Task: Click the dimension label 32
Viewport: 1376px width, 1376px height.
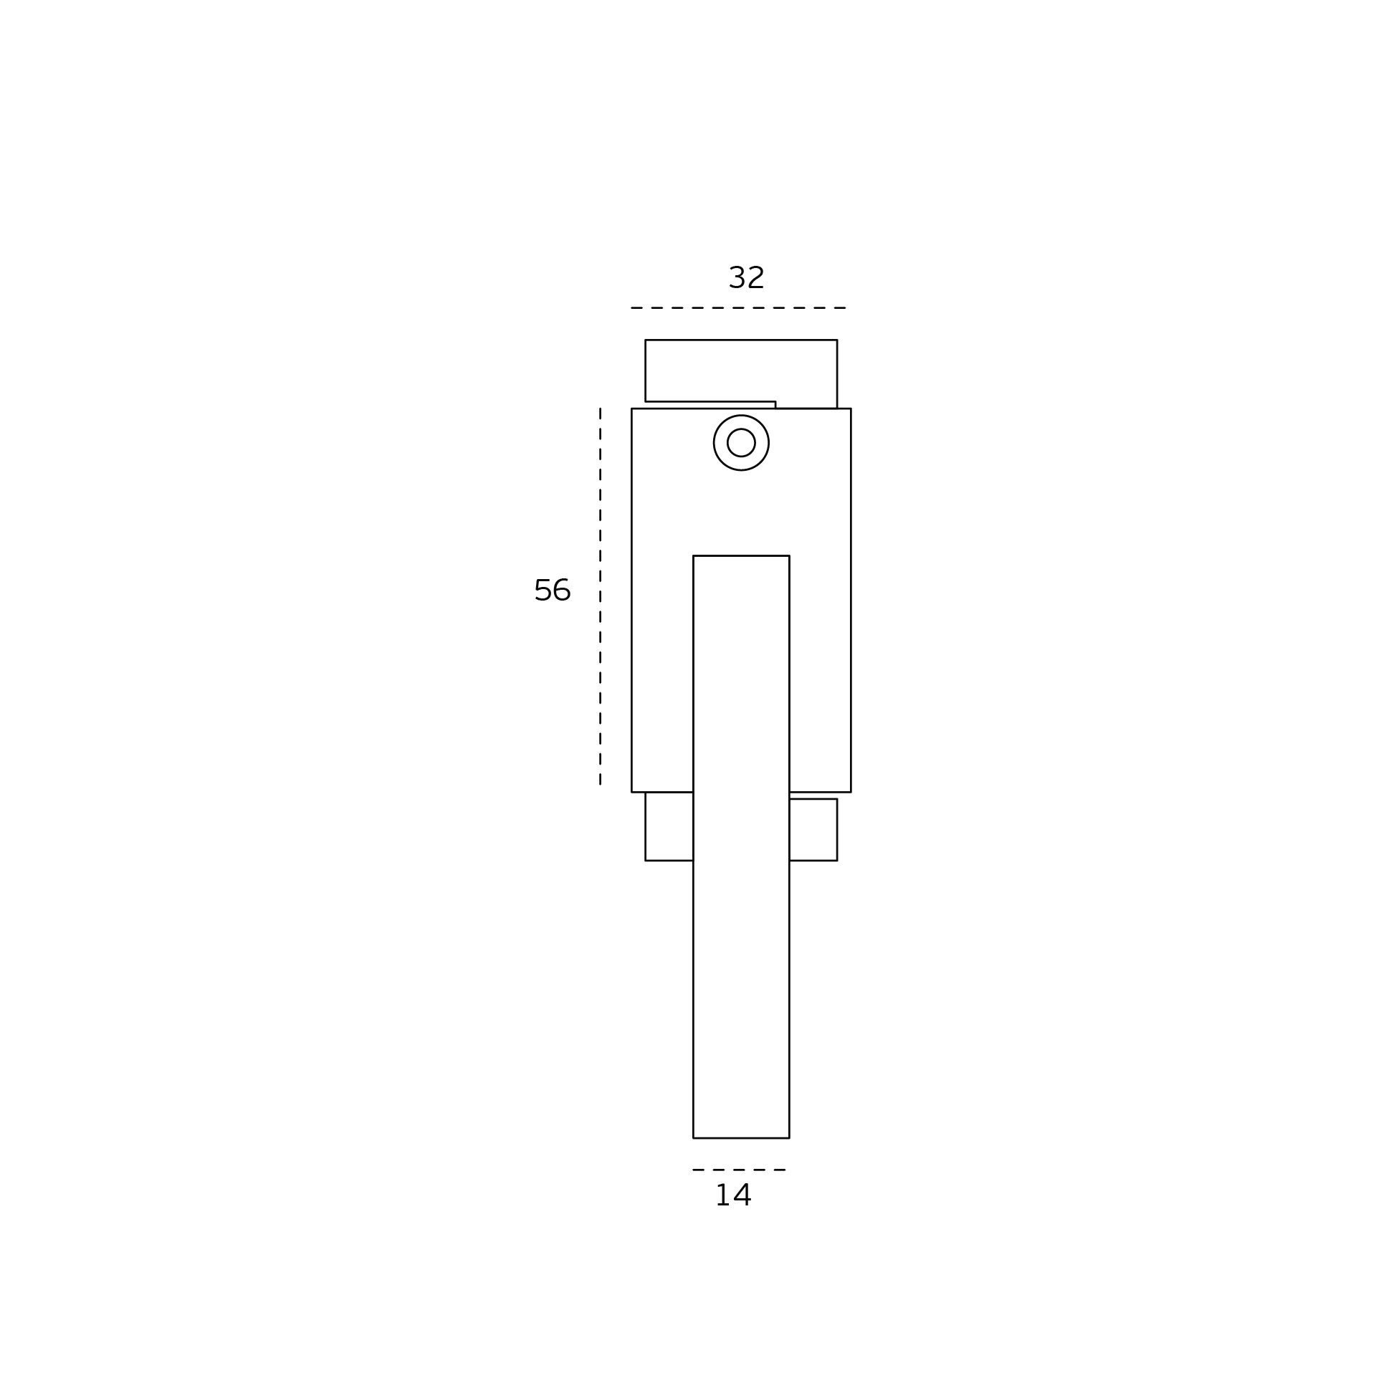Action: point(746,278)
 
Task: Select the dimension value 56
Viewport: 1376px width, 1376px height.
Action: point(552,591)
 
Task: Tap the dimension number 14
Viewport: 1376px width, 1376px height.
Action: point(732,1195)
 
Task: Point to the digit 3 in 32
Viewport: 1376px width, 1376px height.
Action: point(737,278)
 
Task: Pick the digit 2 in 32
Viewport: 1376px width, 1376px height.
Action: point(755,278)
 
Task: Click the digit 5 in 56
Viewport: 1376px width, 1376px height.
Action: point(543,591)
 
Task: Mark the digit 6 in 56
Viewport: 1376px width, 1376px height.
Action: point(562,591)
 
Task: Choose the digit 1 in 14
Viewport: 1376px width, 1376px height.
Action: point(722,1195)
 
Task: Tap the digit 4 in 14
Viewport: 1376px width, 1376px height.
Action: point(742,1195)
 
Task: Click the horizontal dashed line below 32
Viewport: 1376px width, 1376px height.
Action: point(738,308)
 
